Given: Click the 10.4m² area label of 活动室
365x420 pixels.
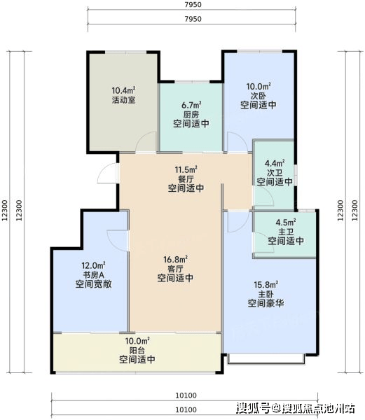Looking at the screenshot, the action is (x=123, y=90).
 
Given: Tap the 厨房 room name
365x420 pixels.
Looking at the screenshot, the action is (x=191, y=115).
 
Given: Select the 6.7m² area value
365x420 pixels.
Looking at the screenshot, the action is (x=191, y=105).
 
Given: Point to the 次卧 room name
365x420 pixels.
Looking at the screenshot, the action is (x=259, y=96).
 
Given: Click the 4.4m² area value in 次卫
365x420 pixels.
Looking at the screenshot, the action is (x=275, y=163).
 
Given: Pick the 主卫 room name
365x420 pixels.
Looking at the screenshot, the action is (x=286, y=232).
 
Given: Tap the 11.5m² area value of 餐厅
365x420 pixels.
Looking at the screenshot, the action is (x=186, y=169).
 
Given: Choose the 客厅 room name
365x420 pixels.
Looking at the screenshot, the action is (x=175, y=269).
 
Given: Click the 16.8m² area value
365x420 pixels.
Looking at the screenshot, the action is (x=175, y=259).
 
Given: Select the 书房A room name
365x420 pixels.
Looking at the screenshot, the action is (x=93, y=275).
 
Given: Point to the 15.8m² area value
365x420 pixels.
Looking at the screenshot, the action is (x=266, y=284).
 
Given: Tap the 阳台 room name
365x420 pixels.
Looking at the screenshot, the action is (x=137, y=350).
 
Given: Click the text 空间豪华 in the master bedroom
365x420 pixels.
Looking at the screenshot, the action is (x=266, y=303).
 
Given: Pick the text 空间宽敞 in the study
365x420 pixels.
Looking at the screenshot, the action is (x=93, y=284).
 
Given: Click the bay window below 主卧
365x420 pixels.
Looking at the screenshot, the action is (x=266, y=359).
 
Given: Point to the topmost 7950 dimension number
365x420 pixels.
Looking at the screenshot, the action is (x=193, y=5).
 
